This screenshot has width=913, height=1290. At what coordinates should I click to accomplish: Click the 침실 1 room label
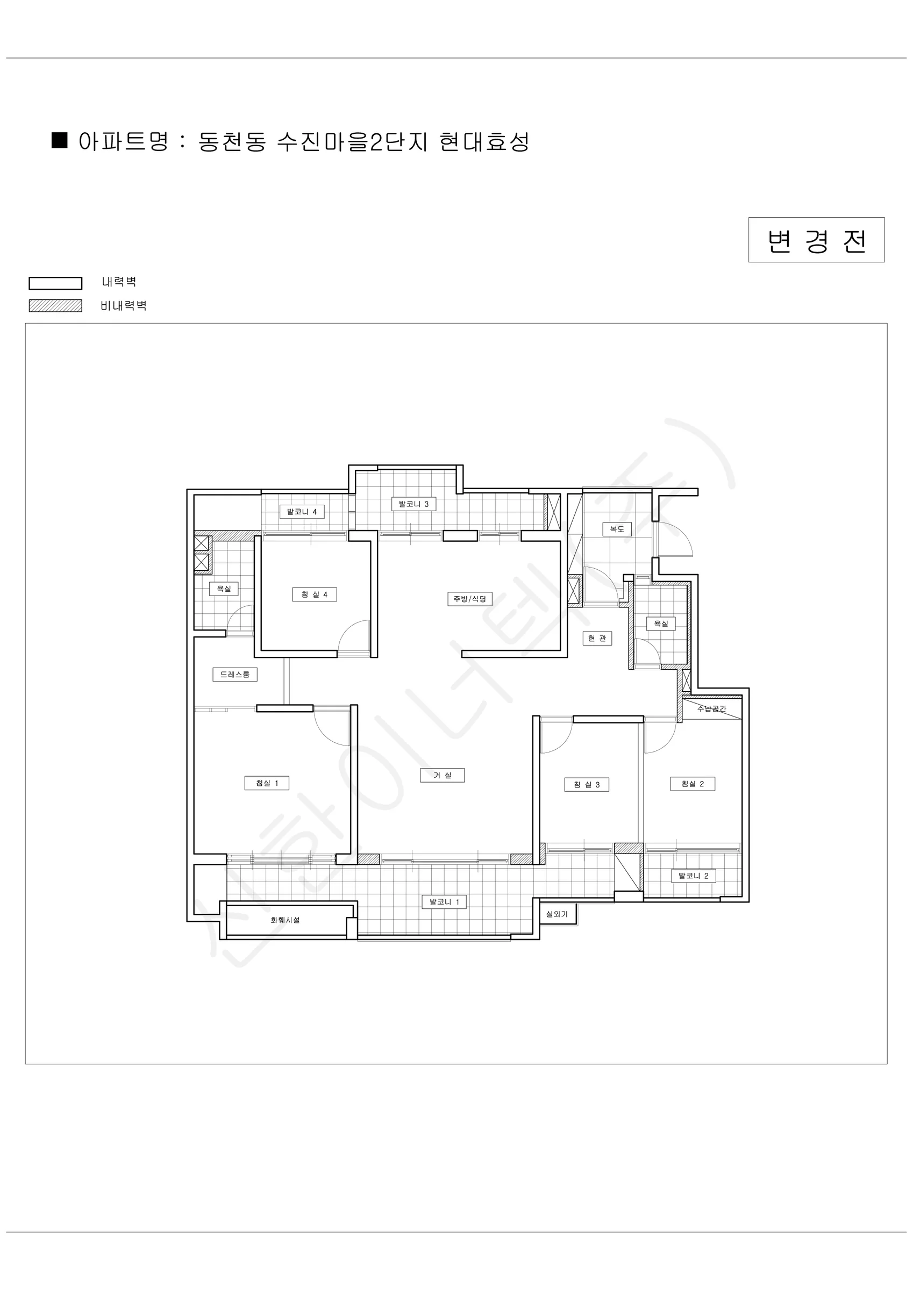click(267, 783)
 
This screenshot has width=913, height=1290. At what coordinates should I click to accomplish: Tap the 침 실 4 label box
click(314, 594)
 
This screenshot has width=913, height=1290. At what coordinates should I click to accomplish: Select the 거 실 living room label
click(443, 776)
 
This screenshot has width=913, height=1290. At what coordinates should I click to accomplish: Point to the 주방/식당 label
click(470, 599)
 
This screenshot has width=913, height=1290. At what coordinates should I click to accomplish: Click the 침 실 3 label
click(587, 785)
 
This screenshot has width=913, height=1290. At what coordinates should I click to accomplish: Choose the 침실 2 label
click(693, 784)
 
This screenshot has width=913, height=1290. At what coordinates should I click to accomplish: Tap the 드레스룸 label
click(235, 674)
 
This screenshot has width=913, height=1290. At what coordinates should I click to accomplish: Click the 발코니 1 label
click(444, 902)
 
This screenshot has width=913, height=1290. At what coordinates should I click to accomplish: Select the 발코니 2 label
click(694, 876)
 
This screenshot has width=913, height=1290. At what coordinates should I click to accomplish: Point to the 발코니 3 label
click(414, 504)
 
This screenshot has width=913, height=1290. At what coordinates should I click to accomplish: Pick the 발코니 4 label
click(302, 512)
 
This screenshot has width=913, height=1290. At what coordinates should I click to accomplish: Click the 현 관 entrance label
click(597, 638)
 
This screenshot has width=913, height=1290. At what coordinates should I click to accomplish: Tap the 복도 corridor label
click(617, 529)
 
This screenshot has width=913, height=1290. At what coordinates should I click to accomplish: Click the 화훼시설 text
click(285, 920)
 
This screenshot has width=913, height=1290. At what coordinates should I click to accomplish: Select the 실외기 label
click(557, 914)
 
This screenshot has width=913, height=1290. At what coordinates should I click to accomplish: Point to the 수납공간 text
click(712, 708)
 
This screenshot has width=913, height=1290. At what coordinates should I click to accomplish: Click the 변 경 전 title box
click(816, 240)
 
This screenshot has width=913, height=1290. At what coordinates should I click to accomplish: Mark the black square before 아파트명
click(60, 140)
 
